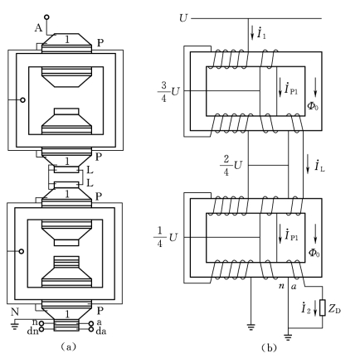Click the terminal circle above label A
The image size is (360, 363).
point(46,17)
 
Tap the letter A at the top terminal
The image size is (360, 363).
point(38,28)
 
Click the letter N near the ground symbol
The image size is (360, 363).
point(15,312)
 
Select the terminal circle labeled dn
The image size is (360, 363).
point(41,329)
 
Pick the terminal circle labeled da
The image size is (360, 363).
point(90,329)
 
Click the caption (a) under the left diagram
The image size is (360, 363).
point(68,346)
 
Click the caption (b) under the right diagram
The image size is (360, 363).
point(269,347)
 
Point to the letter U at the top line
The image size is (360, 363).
point(183,18)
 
